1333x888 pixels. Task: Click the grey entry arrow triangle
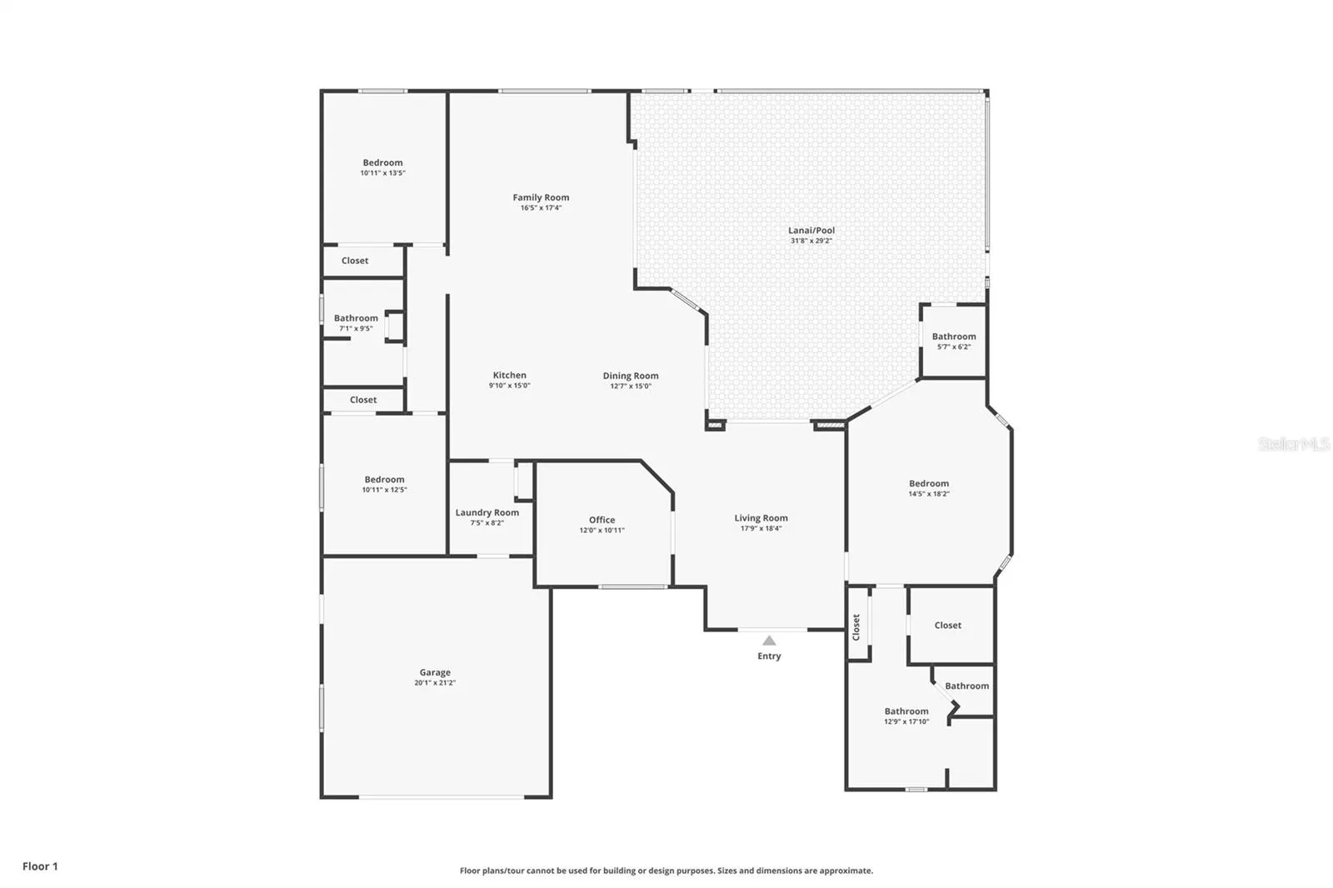pos(769,641)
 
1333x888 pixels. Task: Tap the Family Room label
pos(541,197)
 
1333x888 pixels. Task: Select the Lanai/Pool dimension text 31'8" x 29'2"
pos(811,241)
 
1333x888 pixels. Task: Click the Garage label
pos(435,672)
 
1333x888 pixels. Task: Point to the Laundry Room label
pos(487,512)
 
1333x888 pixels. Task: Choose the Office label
pos(602,520)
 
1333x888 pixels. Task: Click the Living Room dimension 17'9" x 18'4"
pos(761,528)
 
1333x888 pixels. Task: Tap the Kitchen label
pos(509,375)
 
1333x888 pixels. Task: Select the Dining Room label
pos(630,376)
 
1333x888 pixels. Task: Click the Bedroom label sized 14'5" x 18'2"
pos(928,483)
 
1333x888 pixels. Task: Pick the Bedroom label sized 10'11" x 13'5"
pos(382,162)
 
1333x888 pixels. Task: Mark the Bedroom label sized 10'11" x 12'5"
pos(384,479)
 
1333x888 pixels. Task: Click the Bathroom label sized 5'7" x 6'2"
pos(954,337)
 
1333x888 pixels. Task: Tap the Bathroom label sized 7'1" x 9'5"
pos(356,318)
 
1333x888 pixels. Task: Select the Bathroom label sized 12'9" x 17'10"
pos(906,711)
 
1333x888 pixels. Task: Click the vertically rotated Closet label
pos(856,627)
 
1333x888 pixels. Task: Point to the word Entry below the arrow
pos(769,656)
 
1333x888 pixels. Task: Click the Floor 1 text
pos(41,866)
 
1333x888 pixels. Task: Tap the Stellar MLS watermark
pos(1294,444)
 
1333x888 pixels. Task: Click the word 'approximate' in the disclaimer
pos(846,871)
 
